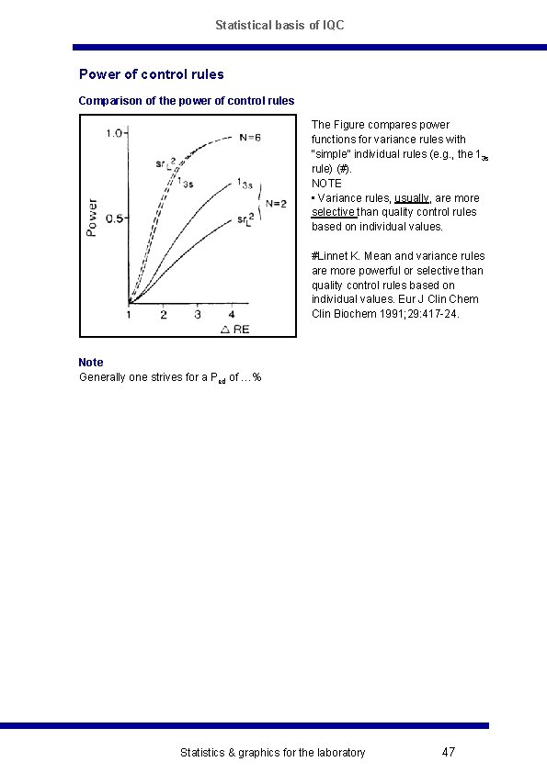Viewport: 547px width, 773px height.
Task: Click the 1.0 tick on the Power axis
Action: tap(114, 134)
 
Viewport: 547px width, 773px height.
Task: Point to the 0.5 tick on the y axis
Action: tap(114, 218)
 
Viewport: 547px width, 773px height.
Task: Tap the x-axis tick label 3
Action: tap(197, 315)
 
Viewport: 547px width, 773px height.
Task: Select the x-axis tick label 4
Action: tap(231, 315)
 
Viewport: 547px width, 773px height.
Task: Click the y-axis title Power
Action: tap(92, 218)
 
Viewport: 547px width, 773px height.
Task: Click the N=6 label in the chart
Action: tap(250, 138)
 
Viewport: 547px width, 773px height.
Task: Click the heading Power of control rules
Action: tap(152, 74)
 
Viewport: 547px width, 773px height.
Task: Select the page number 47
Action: tap(449, 753)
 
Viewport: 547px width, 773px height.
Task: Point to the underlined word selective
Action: tap(333, 212)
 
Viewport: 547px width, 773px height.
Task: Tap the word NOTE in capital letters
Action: tap(326, 184)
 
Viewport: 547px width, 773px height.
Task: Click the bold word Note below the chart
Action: tap(91, 363)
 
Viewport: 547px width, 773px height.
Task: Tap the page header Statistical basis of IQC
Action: tap(279, 26)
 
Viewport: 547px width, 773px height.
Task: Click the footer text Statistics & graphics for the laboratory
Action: tap(272, 753)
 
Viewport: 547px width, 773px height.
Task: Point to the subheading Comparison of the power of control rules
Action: tap(187, 100)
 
